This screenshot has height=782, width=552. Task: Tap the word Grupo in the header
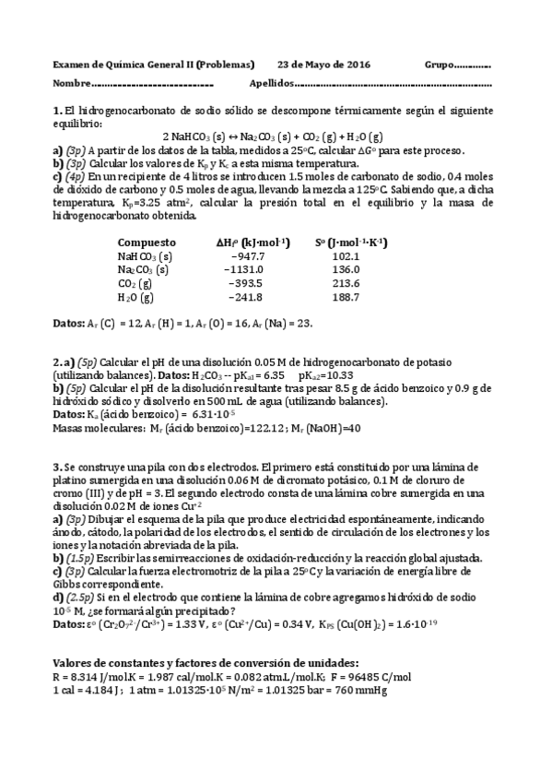click(440, 65)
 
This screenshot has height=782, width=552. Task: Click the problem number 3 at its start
click(56, 468)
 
